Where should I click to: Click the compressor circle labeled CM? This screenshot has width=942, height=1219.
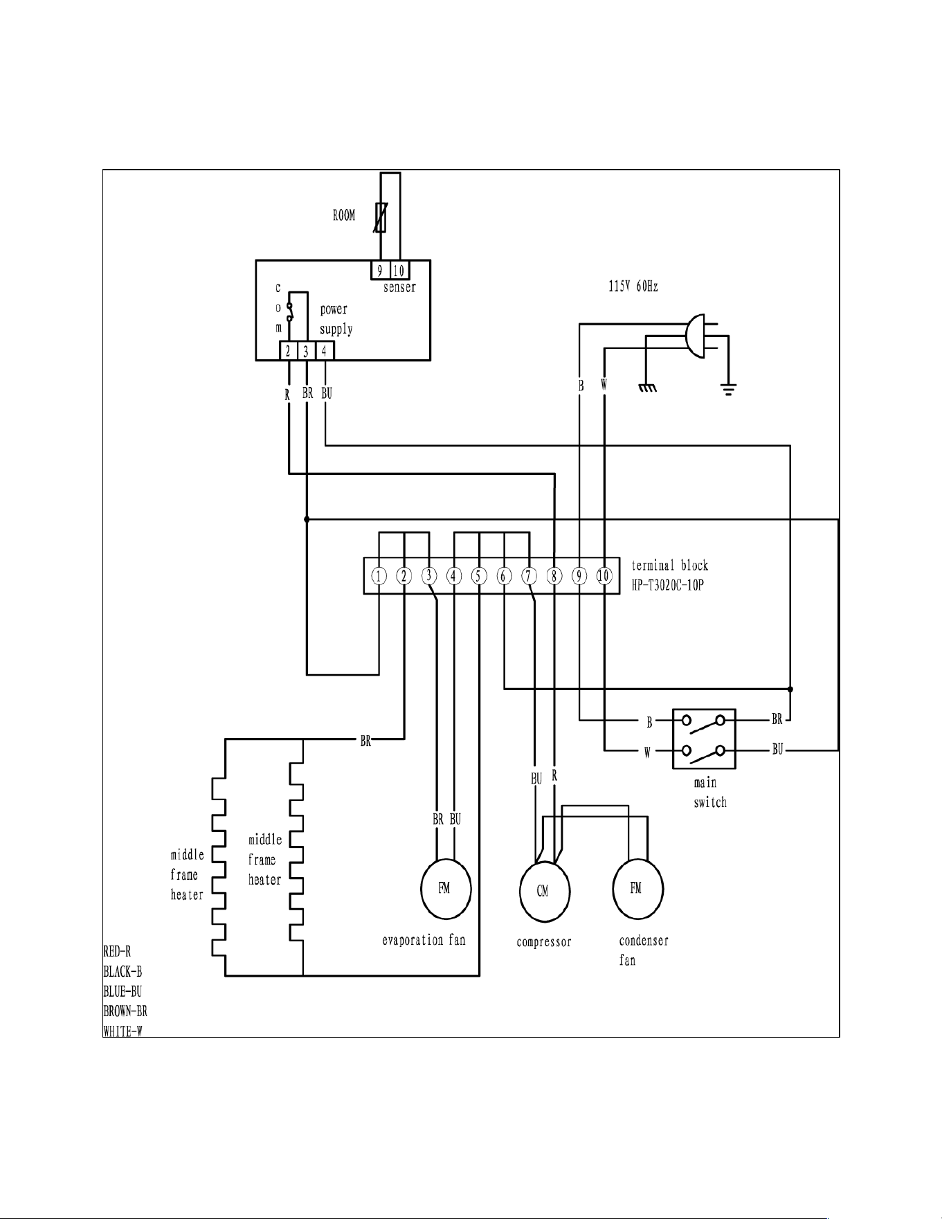545,892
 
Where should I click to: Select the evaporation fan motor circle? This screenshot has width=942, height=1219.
446,890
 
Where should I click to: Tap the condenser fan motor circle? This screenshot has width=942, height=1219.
638,889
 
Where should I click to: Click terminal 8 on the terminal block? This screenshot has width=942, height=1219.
554,576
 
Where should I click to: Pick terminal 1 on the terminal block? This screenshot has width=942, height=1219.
379,576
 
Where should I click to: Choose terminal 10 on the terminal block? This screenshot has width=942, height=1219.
604,576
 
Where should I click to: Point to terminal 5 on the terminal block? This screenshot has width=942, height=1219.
479,576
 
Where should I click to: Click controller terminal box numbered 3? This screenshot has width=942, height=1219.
306,351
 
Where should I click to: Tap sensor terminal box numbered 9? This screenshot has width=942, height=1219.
380,271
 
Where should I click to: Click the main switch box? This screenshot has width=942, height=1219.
704,739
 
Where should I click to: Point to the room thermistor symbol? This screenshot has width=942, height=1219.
380,217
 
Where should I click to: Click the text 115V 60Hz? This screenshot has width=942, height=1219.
633,286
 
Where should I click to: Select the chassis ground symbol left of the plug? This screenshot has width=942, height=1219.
647,388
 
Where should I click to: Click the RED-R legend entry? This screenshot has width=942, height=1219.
117,952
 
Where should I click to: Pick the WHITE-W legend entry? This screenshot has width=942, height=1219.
123,1031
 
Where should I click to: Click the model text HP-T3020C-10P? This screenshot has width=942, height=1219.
668,586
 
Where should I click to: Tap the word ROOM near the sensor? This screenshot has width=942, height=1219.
344,215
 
